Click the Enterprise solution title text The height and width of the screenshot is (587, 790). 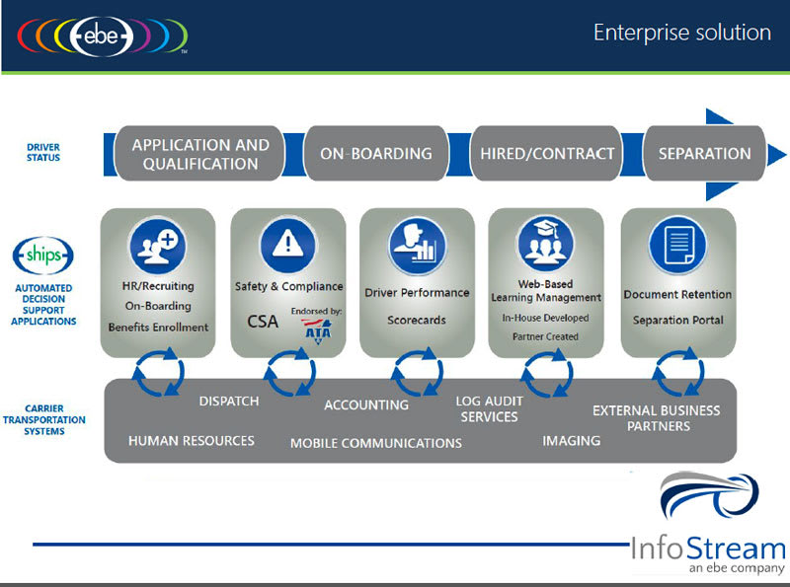tap(681, 33)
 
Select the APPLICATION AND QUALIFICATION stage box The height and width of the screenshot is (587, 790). tap(200, 154)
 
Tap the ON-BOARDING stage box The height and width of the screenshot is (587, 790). tap(375, 154)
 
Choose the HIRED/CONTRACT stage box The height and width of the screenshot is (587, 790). tap(547, 154)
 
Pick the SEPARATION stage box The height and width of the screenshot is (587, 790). tap(704, 154)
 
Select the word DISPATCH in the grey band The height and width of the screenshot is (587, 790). tap(228, 402)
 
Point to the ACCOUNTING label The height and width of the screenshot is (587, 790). tap(366, 404)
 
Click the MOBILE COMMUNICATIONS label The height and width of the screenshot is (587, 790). tap(375, 443)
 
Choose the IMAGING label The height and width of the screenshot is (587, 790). tap(571, 440)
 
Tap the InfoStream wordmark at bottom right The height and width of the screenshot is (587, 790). tap(708, 549)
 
